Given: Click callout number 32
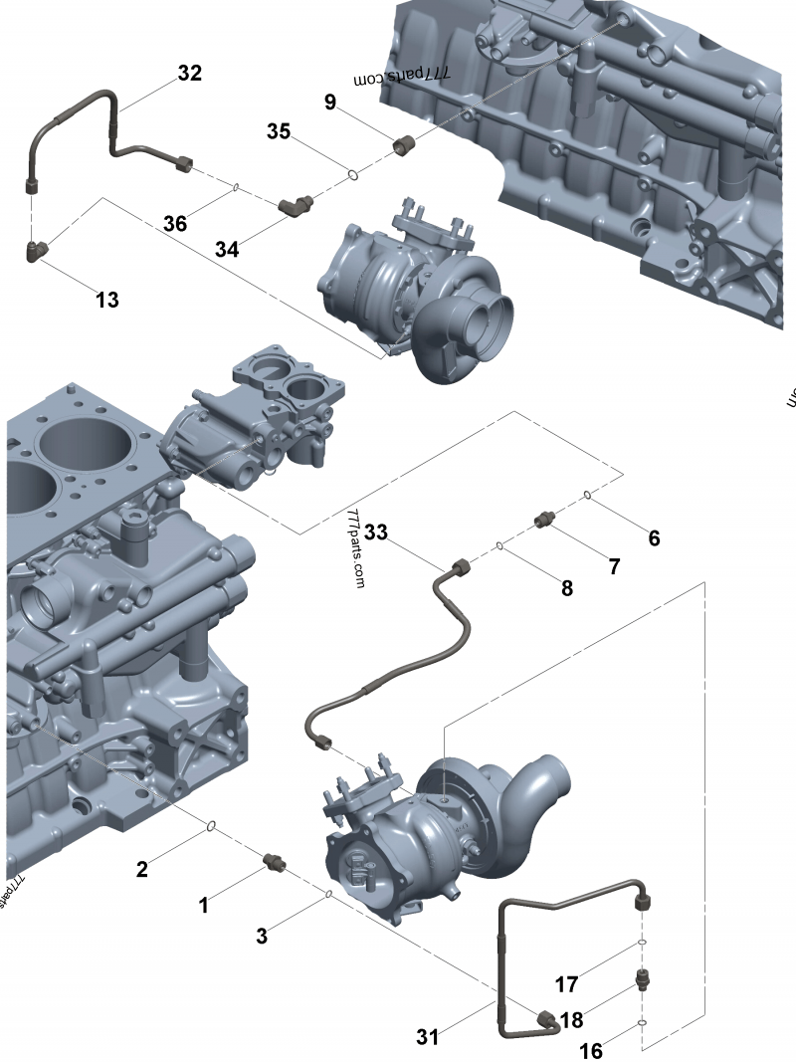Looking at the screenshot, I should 189,73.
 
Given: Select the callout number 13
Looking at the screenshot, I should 107,300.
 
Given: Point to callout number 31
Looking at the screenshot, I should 428,1036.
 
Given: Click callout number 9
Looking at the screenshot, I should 330,102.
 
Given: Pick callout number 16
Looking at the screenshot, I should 591,1051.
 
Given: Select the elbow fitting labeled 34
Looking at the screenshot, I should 296,205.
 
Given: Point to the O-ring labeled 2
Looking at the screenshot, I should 211,825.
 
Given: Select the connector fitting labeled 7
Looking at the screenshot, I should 544,519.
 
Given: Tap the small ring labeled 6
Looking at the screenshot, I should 588,495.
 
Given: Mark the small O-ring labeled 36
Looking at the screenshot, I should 236,187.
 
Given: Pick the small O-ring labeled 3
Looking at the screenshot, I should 328,894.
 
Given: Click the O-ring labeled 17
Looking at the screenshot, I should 643,942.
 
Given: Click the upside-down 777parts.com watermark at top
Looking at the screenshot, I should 403,78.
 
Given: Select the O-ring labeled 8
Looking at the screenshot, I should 500,545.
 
